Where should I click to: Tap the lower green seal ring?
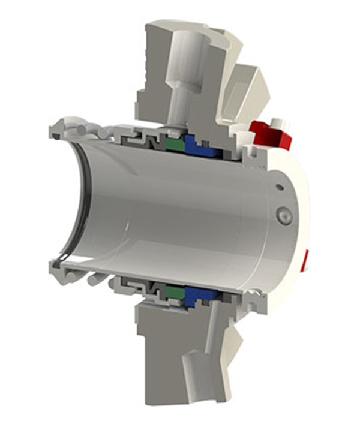pyautogui.click(x=174, y=293)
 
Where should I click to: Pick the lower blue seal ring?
pyautogui.click(x=196, y=294)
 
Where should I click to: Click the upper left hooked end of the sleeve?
pyautogui.click(x=58, y=126)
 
